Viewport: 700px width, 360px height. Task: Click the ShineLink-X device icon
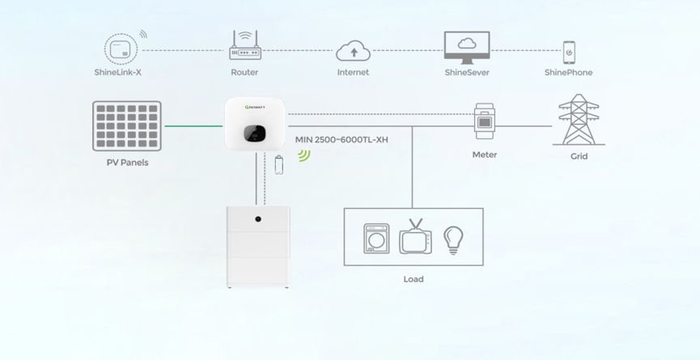(x=121, y=49)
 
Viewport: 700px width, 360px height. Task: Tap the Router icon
(x=244, y=47)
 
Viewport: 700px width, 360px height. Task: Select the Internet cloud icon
(x=353, y=51)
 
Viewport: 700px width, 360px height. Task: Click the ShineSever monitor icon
(x=467, y=47)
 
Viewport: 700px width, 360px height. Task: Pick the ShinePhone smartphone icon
(x=569, y=52)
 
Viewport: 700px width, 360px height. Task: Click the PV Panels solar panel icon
(x=127, y=125)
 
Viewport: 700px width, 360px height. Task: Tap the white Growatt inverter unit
(x=255, y=124)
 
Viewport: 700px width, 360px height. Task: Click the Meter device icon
(x=484, y=122)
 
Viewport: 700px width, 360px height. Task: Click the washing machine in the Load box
(x=376, y=239)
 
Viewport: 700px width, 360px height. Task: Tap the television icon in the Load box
(x=415, y=238)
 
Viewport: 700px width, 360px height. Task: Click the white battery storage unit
(x=258, y=247)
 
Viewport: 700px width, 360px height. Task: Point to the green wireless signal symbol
(x=303, y=155)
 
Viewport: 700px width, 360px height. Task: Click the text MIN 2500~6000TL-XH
(x=342, y=140)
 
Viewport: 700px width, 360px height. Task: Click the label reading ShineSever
(x=467, y=73)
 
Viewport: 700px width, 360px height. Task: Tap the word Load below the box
(x=414, y=279)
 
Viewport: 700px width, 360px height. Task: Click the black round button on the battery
(x=258, y=219)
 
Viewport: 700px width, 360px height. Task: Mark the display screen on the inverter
(x=253, y=132)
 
